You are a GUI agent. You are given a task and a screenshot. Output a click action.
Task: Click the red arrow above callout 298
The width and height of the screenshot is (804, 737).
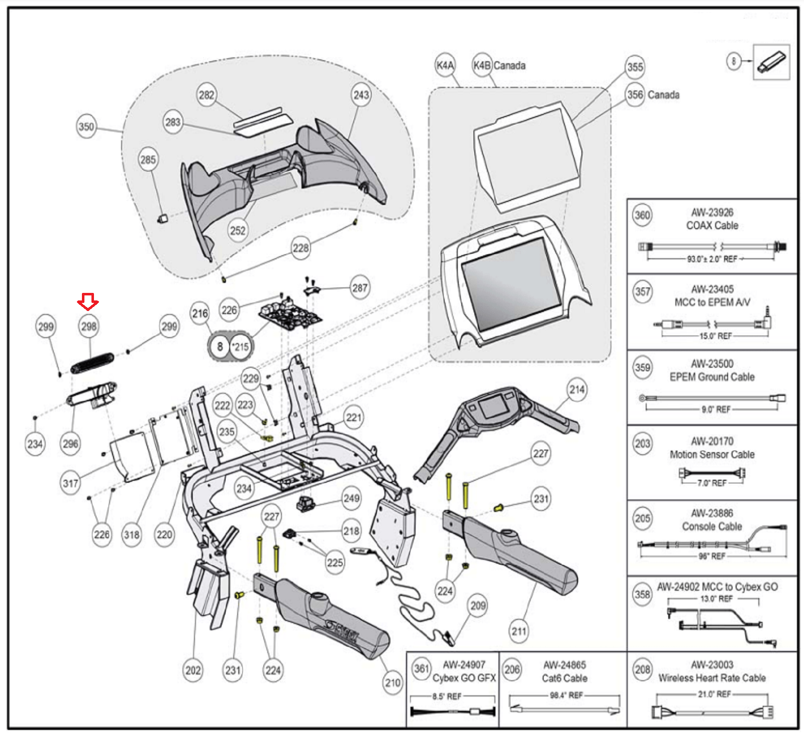[88, 302]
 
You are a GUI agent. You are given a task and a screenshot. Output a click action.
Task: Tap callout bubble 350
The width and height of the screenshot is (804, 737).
[86, 127]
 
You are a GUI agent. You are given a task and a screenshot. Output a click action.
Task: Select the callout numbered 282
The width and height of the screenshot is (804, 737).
[206, 95]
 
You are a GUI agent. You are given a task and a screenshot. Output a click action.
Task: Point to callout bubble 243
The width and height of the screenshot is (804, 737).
[361, 95]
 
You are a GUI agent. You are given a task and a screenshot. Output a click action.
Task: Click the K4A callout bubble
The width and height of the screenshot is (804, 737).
[445, 65]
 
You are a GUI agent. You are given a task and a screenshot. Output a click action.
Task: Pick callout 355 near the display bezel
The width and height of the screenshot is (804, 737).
[635, 67]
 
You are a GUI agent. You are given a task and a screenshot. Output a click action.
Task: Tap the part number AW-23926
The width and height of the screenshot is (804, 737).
[712, 213]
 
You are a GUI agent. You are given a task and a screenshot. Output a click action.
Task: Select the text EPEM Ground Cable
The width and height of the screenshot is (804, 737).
[712, 377]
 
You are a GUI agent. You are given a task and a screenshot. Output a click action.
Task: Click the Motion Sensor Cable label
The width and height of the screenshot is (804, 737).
[712, 455]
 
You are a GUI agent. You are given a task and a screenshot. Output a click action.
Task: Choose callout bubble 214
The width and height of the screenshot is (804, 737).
[577, 389]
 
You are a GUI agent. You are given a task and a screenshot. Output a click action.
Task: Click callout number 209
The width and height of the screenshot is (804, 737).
[478, 606]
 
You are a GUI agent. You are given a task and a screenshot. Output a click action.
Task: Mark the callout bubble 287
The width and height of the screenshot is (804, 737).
[360, 288]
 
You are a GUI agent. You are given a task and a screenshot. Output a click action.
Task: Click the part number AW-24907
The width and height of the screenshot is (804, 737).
[464, 665]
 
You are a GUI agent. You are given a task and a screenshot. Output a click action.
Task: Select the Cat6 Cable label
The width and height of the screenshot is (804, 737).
[564, 678]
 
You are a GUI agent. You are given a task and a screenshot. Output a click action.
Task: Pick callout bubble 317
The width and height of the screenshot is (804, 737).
[70, 483]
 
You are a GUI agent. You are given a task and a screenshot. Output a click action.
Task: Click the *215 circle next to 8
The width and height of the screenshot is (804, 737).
[241, 347]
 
